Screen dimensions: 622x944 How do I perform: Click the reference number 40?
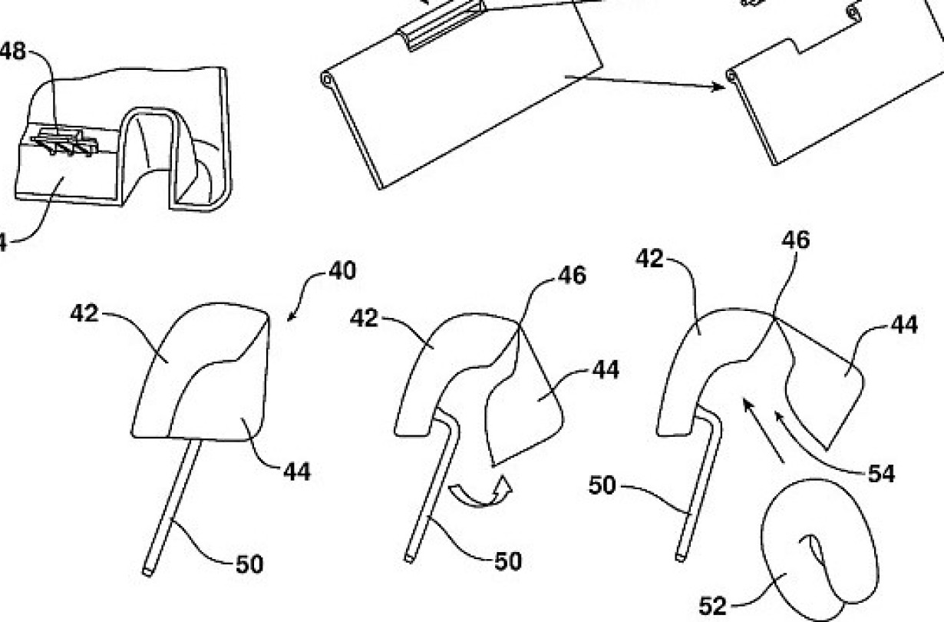(342, 273)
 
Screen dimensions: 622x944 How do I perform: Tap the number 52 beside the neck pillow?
(712, 607)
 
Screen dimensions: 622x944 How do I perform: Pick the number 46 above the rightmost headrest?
(794, 240)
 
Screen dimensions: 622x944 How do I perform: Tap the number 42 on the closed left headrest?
(84, 313)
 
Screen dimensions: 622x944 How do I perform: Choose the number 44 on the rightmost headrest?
(906, 326)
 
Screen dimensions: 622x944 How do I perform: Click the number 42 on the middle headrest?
(365, 318)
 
